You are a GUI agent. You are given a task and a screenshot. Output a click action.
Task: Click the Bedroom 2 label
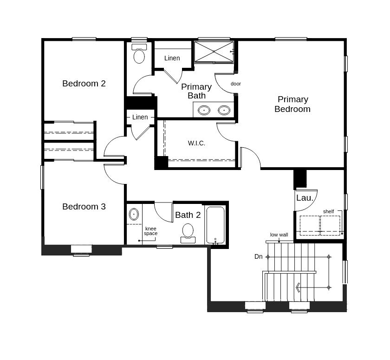pos(84,84)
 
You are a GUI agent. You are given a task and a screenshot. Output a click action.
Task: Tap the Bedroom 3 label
pos(84,207)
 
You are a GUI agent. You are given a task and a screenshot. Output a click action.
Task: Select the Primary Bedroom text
pos(292,104)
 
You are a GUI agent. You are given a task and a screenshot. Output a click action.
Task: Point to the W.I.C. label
pos(196,143)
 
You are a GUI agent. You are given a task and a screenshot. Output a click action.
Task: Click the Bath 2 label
pos(188,215)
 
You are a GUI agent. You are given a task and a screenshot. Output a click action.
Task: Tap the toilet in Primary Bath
pos(139,53)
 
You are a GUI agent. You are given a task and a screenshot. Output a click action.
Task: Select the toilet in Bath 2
pos(188,233)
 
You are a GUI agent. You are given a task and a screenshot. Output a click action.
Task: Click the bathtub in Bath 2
pos(215,225)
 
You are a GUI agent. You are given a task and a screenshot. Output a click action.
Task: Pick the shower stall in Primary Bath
pos(214,52)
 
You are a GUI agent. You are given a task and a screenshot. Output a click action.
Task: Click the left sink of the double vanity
pos(204,110)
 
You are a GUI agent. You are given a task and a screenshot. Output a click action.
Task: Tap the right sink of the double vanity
pos(224,110)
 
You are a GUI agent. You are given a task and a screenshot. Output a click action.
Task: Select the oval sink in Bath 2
pos(134,214)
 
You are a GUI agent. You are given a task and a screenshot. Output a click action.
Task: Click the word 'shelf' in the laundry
pos(328,211)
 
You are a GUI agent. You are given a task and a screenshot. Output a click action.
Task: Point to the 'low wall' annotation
pos(279,235)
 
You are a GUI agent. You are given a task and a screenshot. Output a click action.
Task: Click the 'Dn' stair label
pos(259,256)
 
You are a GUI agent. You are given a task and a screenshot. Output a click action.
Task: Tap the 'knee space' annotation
pos(150,231)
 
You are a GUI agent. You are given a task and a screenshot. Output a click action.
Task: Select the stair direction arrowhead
pos(298,288)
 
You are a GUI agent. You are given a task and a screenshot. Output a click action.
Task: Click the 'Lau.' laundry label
pos(305,198)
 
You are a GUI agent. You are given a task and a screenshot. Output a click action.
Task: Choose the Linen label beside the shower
pos(172,58)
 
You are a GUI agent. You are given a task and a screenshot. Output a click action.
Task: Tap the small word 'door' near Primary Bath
pos(236,84)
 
